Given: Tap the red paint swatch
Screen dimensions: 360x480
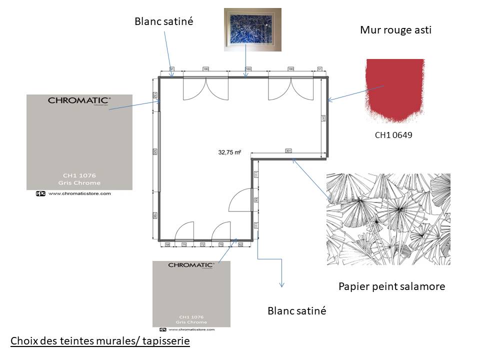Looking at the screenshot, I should (x=395, y=90).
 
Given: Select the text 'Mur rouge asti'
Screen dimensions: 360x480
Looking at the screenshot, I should (x=395, y=30).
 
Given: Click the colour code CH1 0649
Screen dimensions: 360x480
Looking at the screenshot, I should (x=393, y=134).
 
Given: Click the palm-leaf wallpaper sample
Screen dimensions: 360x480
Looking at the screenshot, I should (x=388, y=219).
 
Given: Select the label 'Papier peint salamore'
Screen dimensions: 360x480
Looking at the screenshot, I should (x=391, y=286).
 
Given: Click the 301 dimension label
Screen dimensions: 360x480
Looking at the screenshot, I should (x=288, y=150).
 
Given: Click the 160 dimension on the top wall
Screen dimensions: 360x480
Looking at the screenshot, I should (x=248, y=69).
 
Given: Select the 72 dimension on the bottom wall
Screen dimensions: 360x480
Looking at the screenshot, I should (x=202, y=245).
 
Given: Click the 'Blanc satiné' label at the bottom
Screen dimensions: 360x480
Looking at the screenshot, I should (x=297, y=310).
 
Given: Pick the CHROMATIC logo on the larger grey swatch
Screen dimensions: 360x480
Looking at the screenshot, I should (x=79, y=100).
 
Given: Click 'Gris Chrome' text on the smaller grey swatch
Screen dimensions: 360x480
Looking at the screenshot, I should (x=191, y=321).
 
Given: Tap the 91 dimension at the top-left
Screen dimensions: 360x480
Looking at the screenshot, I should (x=172, y=69).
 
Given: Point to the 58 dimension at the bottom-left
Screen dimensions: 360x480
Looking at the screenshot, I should (x=167, y=245).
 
